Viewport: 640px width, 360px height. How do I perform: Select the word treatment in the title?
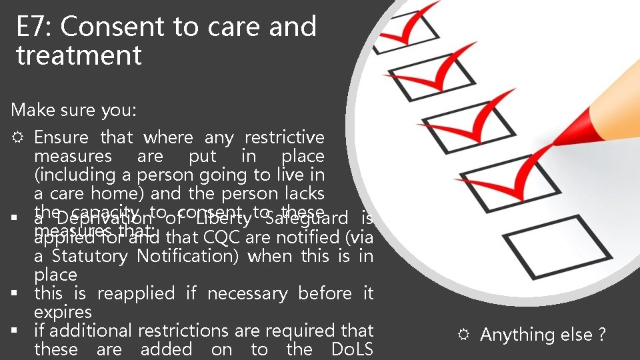point(79,55)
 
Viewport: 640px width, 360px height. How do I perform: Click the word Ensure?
point(61,138)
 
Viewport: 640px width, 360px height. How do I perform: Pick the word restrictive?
point(285,138)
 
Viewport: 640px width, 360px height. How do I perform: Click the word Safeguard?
point(306,219)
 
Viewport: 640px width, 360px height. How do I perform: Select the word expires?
point(63,312)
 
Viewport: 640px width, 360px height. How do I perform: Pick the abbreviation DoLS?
point(352,349)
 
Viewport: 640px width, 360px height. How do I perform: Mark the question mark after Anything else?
point(602,335)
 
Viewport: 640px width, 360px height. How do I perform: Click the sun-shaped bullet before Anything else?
point(464,335)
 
